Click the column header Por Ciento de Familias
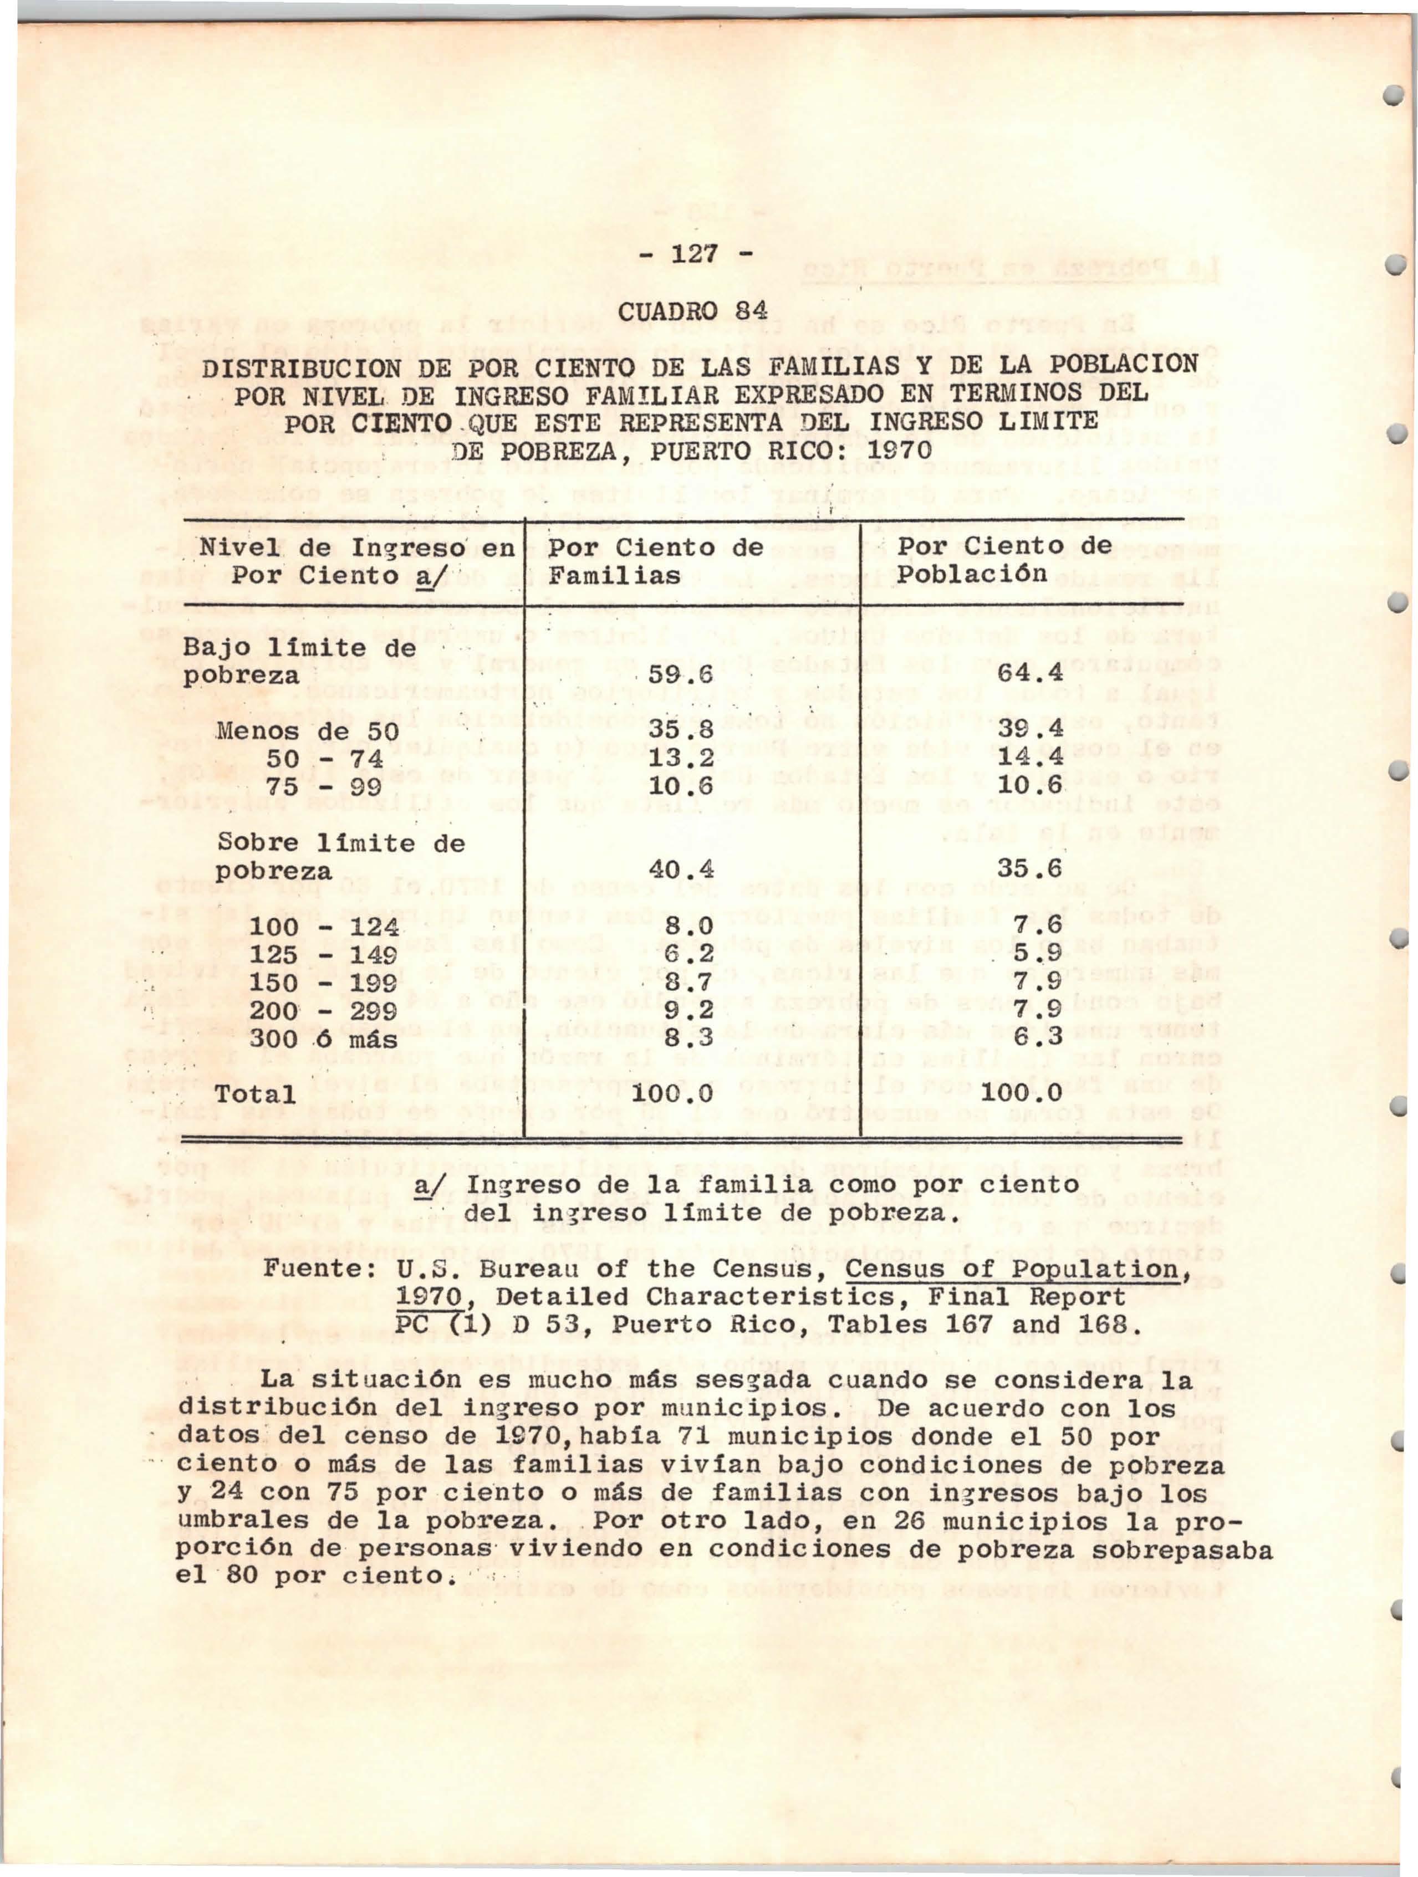[x=655, y=562]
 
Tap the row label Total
[x=256, y=1095]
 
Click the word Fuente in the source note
[x=314, y=1270]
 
